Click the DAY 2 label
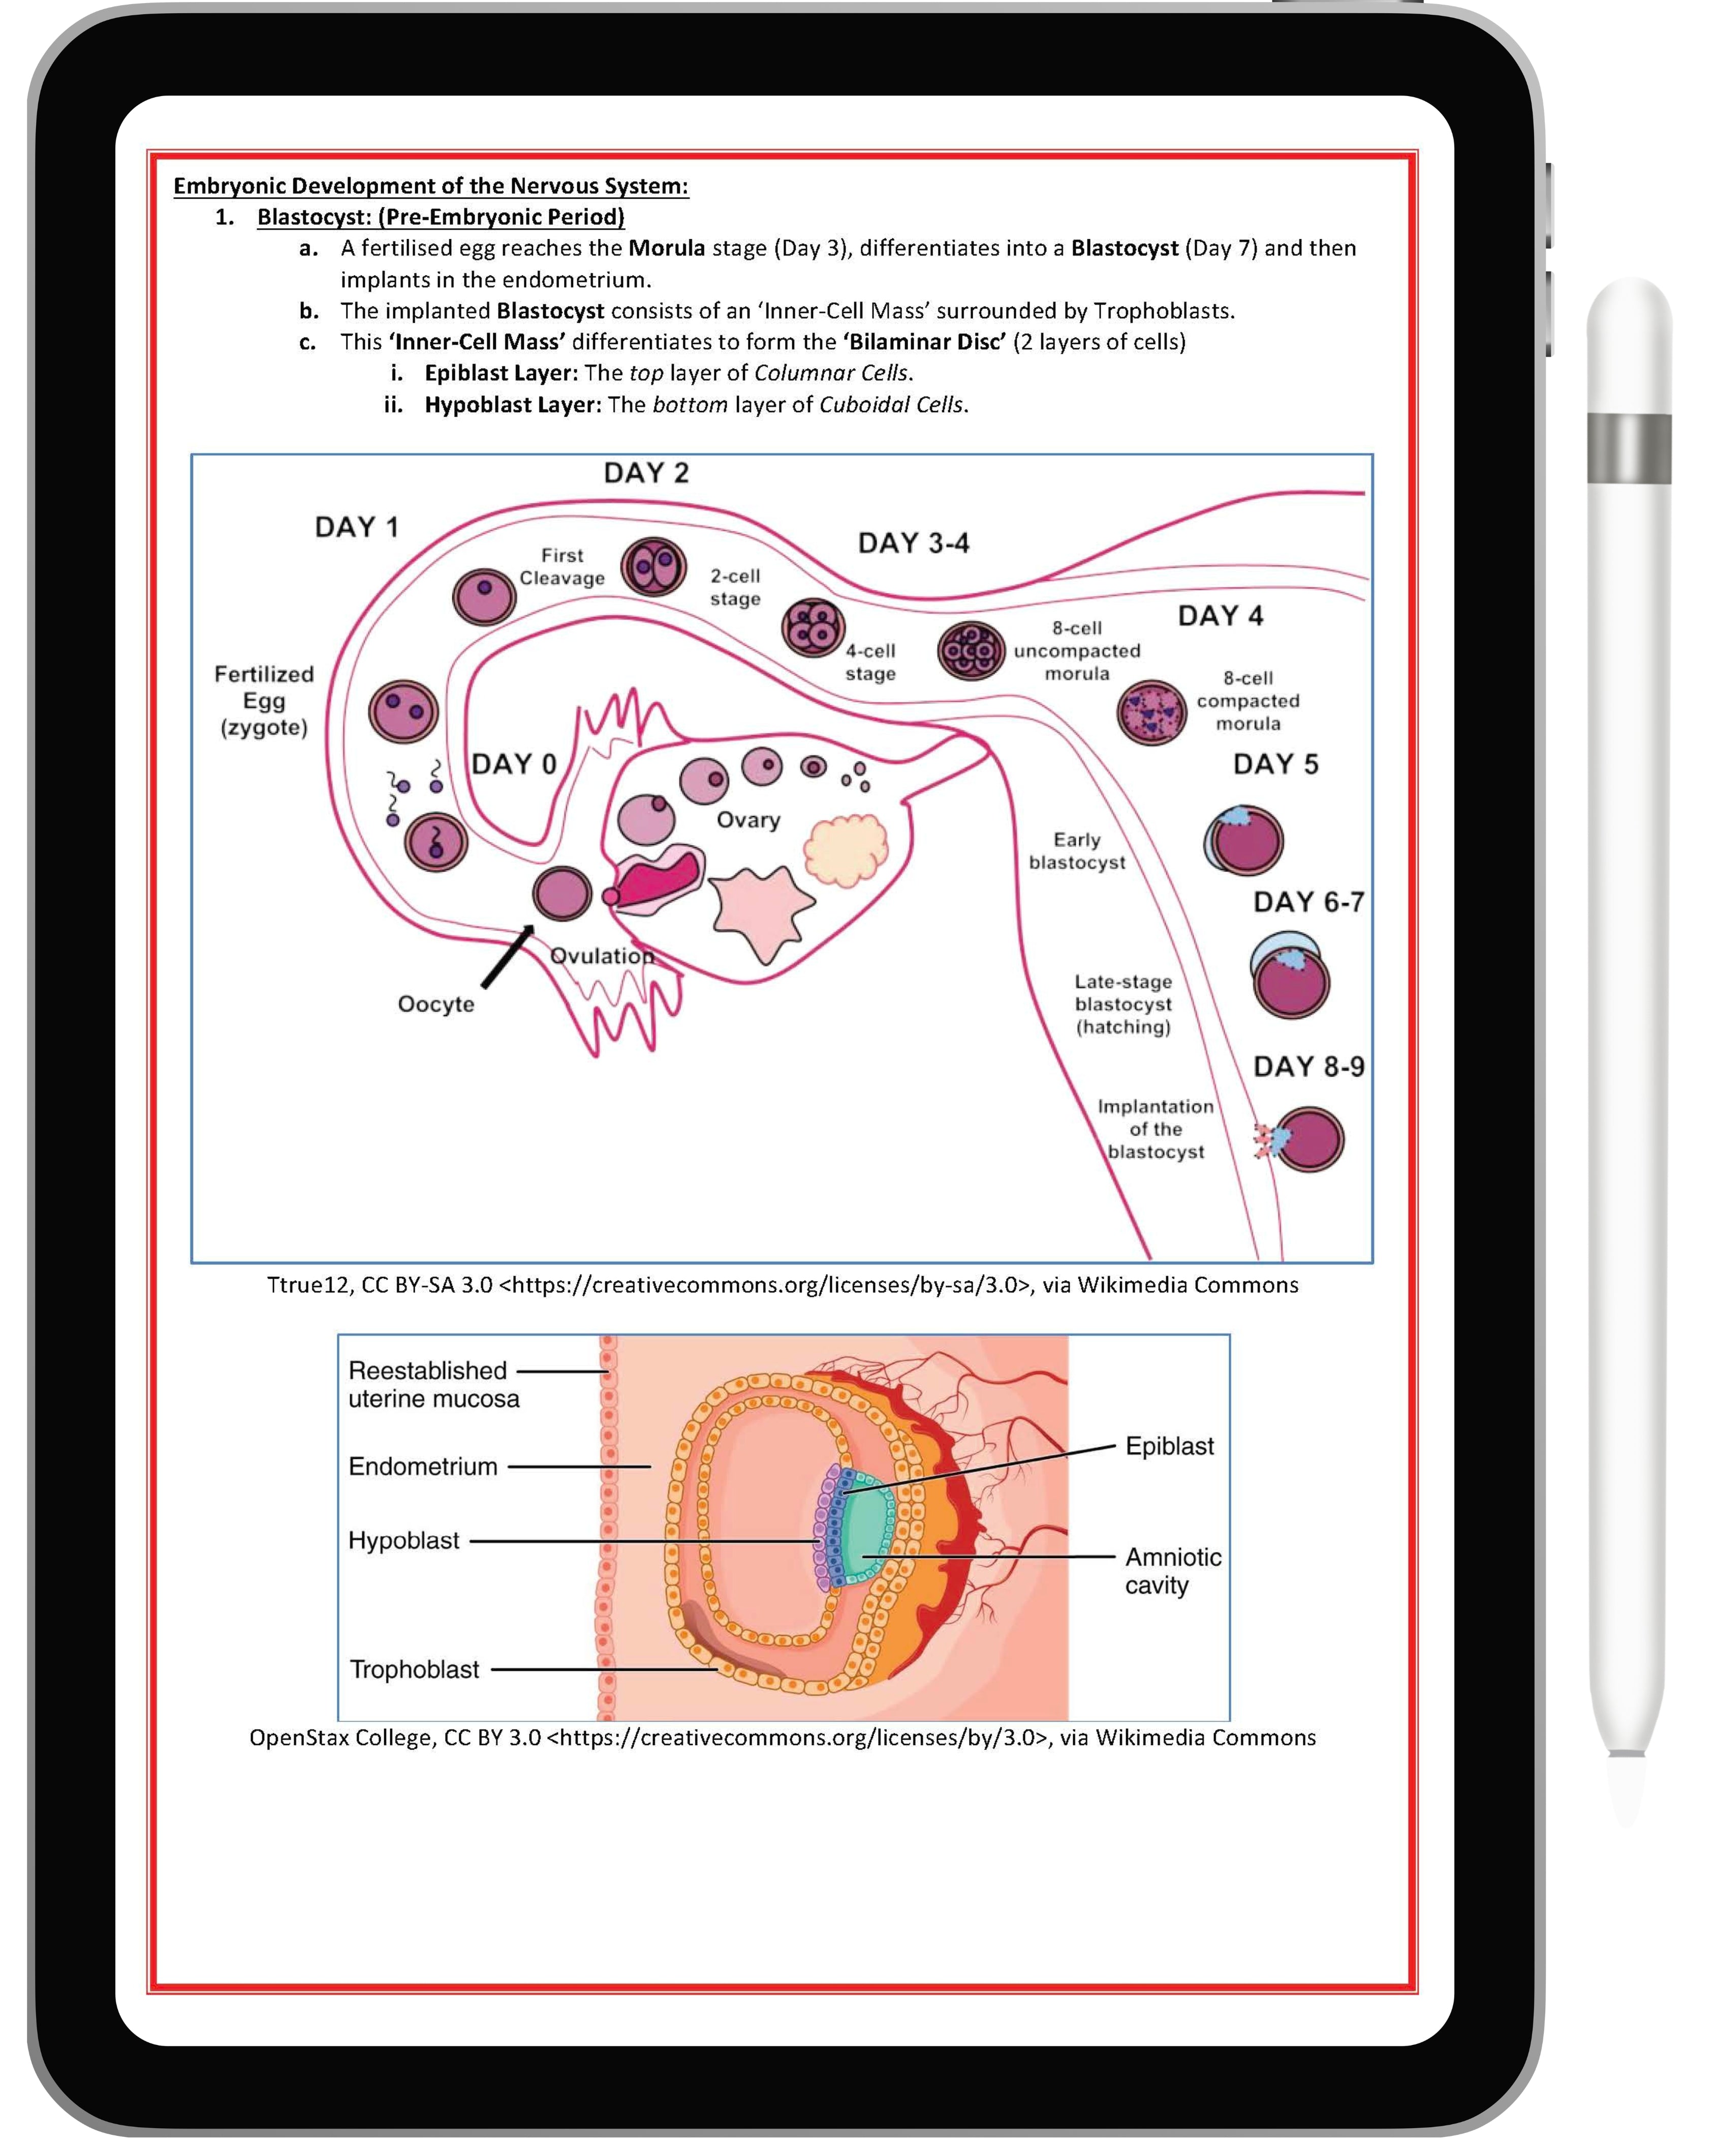pos(646,473)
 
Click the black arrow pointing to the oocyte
pos(507,957)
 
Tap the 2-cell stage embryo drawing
pos(653,567)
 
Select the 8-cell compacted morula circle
pos(1151,712)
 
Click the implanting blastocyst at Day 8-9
pos(1308,1140)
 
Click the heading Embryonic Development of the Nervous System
pos(430,186)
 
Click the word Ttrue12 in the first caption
pos(308,1285)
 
